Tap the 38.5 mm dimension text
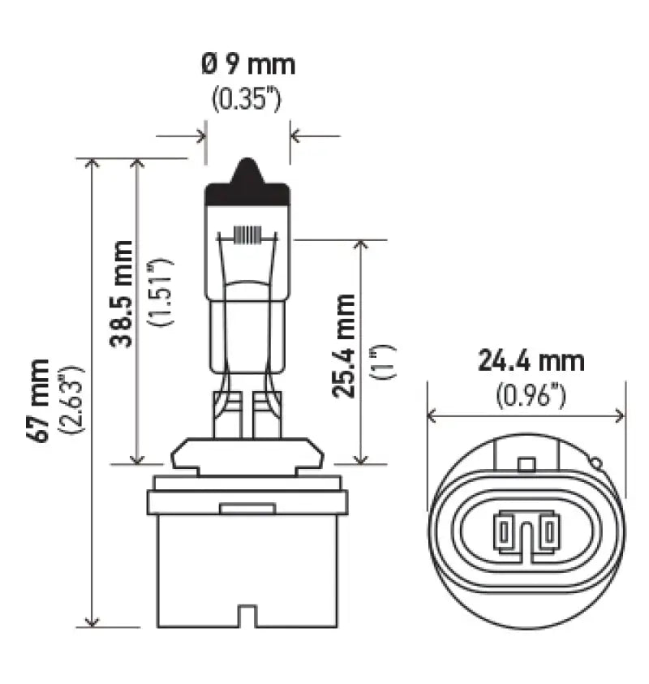point(121,293)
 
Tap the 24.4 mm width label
point(531,361)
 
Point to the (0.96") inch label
point(530,395)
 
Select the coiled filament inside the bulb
point(248,235)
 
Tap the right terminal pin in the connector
point(550,532)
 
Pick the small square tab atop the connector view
point(527,465)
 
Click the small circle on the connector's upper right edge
point(596,464)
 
